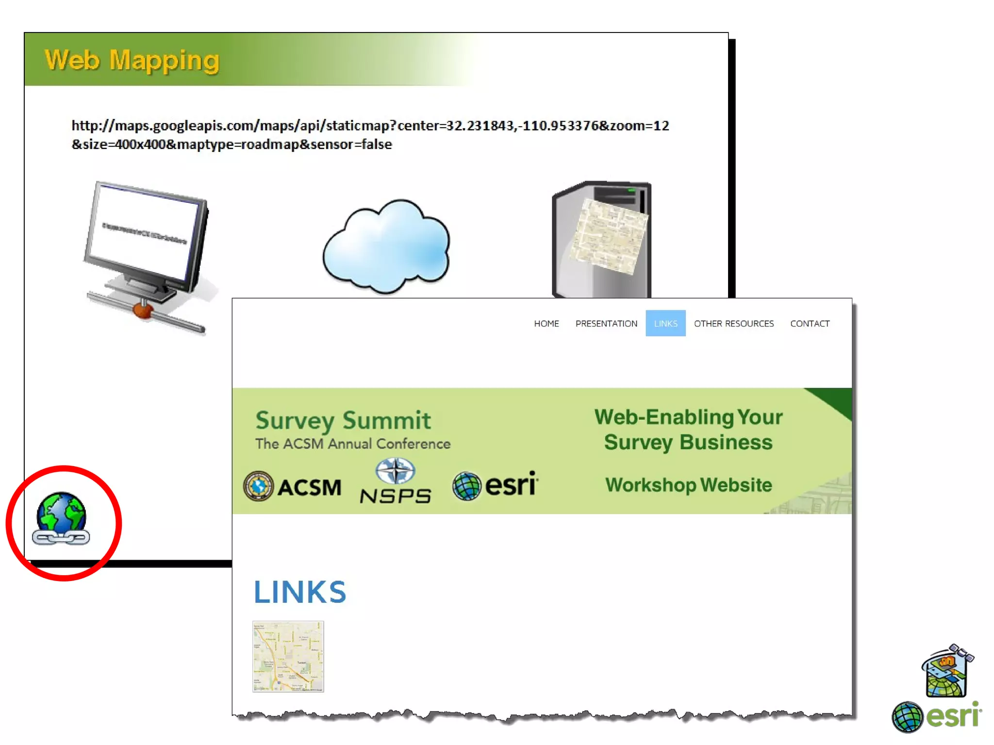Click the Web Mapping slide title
(132, 61)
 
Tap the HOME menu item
(546, 324)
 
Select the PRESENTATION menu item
(606, 324)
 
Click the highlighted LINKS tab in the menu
(665, 324)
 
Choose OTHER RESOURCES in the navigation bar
(733, 324)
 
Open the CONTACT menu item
(810, 324)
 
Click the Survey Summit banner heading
(343, 420)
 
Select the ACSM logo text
(309, 487)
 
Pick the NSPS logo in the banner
(396, 482)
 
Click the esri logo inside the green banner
(495, 485)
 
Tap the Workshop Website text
(688, 485)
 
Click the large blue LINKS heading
(300, 592)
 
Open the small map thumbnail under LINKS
(288, 656)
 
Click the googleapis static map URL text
(370, 135)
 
